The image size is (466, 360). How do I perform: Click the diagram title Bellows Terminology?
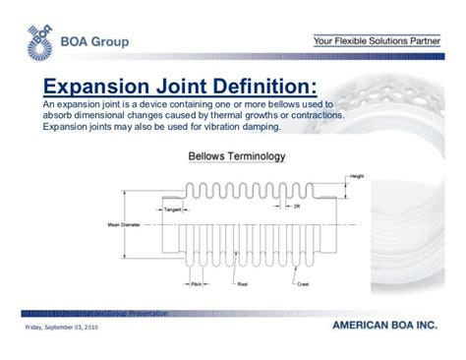coord(237,155)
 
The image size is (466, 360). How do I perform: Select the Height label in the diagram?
coord(356,176)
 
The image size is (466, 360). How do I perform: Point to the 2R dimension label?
coord(295,210)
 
